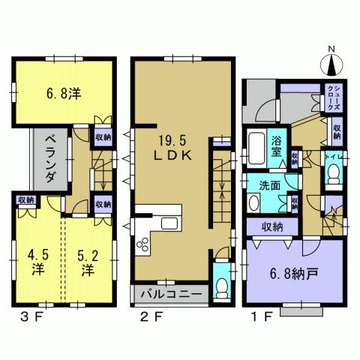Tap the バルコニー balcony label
(x=170, y=292)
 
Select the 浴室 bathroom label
(x=277, y=145)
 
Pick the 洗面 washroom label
(x=271, y=186)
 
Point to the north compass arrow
(x=332, y=66)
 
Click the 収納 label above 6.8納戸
(x=272, y=227)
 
